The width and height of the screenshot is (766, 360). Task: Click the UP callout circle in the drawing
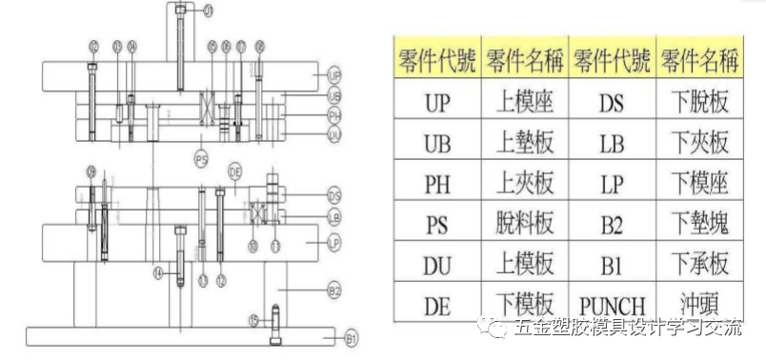pyautogui.click(x=333, y=73)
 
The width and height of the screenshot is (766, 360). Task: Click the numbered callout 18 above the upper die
pyautogui.click(x=260, y=46)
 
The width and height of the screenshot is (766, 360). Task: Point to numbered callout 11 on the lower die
pyautogui.click(x=276, y=245)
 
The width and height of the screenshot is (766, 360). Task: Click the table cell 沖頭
pyautogui.click(x=699, y=305)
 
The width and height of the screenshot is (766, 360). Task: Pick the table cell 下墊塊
pyautogui.click(x=699, y=225)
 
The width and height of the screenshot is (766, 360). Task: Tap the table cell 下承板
pyautogui.click(x=699, y=265)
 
